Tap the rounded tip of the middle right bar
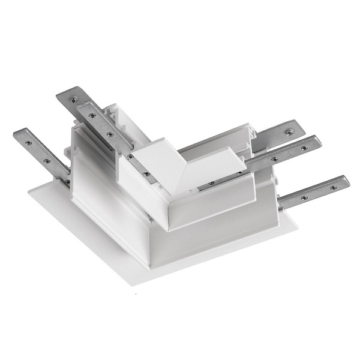tap(316, 142)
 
